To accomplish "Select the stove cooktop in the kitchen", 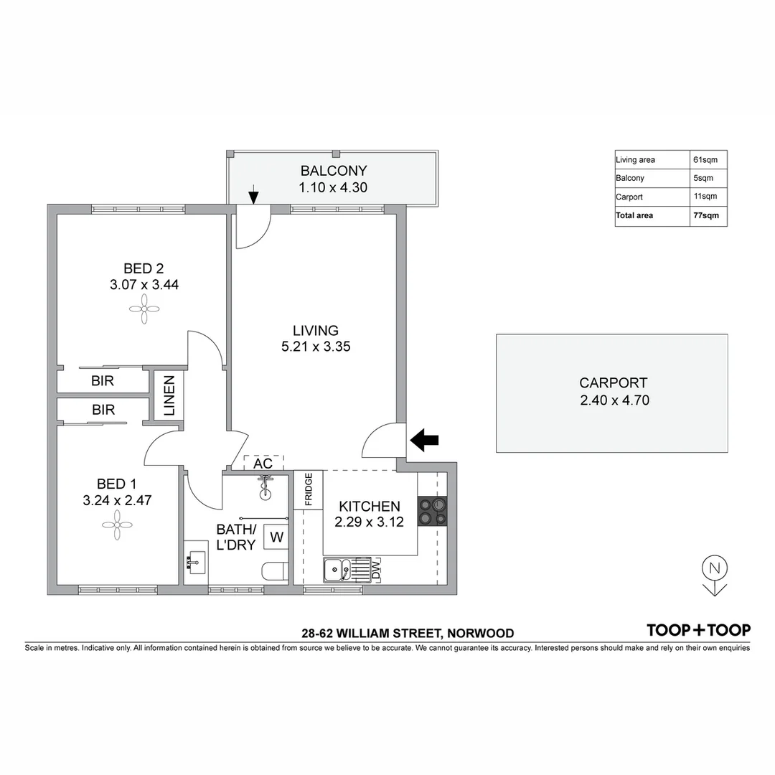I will pyautogui.click(x=433, y=510).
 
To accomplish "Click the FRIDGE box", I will pyautogui.click(x=309, y=490).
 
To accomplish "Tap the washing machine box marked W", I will pyautogui.click(x=276, y=536).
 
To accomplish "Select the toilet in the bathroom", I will pyautogui.click(x=275, y=571).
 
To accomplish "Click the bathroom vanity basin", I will pyautogui.click(x=194, y=563).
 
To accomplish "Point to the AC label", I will pyautogui.click(x=263, y=464).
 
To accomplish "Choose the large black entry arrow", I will pyautogui.click(x=425, y=440).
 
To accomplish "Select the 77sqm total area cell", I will pyautogui.click(x=705, y=215).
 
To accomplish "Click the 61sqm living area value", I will pyautogui.click(x=705, y=159).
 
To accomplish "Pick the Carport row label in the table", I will pyautogui.click(x=629, y=197).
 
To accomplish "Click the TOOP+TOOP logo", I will pyautogui.click(x=698, y=630).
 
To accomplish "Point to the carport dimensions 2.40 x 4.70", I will pyautogui.click(x=614, y=400).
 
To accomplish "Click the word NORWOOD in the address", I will pyautogui.click(x=481, y=633).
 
